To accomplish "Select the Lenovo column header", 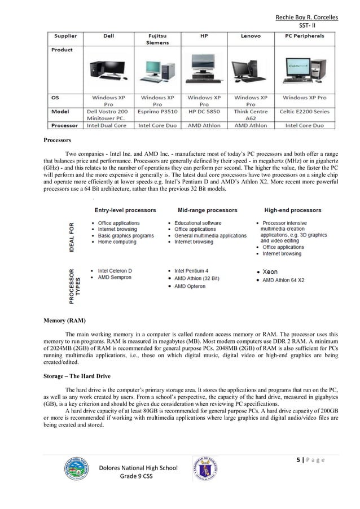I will tap(251, 36).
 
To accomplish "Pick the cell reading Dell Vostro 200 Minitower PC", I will tap(109, 115).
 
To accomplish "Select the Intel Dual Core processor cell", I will tap(109, 125).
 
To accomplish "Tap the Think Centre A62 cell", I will tap(251, 115).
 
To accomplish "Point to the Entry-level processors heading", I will tap(125, 210).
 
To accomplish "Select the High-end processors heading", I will tap(292, 210).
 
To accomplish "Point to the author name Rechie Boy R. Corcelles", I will tap(307, 17).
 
